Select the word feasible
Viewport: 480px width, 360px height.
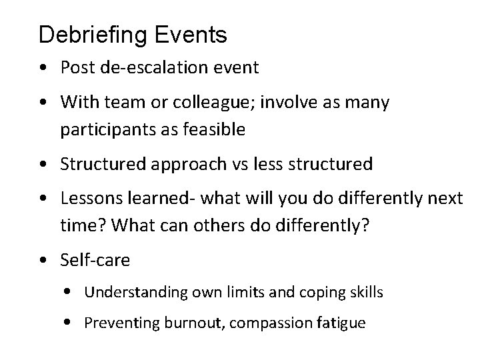(213, 129)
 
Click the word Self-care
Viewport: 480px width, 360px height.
(95, 259)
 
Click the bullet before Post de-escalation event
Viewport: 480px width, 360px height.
(44, 67)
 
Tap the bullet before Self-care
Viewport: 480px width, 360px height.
(44, 260)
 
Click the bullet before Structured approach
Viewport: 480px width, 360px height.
(44, 164)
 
